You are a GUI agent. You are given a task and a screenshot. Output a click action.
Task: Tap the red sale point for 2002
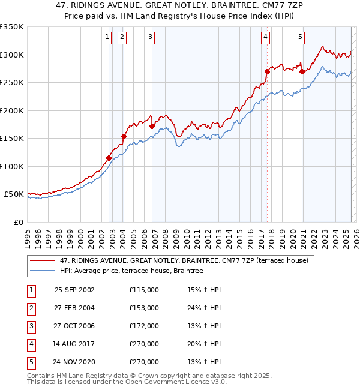tap(109, 158)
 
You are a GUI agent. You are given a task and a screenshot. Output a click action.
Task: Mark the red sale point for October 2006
tap(152, 126)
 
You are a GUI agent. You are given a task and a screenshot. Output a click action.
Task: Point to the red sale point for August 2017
tap(267, 71)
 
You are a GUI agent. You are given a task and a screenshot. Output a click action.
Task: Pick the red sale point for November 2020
tap(302, 71)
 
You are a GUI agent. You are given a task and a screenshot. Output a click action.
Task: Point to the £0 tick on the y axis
tap(18, 222)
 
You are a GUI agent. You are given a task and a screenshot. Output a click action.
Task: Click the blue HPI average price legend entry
tap(131, 271)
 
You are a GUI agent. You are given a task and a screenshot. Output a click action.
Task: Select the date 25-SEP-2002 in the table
tap(74, 290)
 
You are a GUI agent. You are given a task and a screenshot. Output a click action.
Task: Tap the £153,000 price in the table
tap(143, 308)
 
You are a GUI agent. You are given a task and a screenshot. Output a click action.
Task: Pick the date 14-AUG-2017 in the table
tap(74, 344)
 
